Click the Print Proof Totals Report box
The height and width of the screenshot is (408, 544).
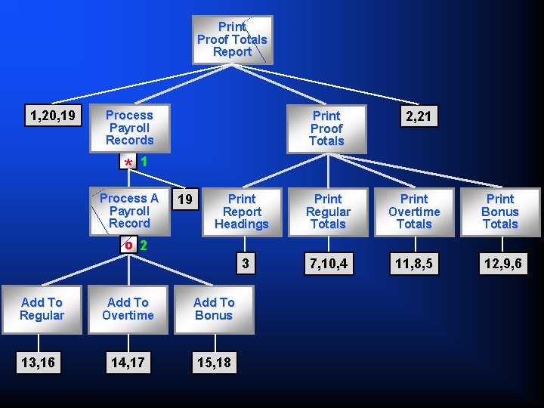pos(232,39)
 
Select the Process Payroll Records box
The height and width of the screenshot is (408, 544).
pos(129,128)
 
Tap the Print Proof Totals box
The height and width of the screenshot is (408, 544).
pos(326,128)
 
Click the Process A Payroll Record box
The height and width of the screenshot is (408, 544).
pos(129,211)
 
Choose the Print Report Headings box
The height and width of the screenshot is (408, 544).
pos(242,212)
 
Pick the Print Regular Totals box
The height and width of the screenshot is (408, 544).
pos(328,212)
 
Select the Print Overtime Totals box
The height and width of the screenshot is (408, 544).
pos(414,212)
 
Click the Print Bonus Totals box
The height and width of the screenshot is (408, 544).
pos(500,212)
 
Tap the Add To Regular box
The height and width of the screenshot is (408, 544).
pos(42,309)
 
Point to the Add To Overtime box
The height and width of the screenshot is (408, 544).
pos(128,309)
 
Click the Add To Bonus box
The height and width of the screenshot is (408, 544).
pos(214,309)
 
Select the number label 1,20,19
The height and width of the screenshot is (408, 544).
pos(52,115)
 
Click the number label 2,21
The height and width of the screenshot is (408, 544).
pos(419,116)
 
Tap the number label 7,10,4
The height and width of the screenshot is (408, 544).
pos(328,264)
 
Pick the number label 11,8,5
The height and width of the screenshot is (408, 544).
pos(414,264)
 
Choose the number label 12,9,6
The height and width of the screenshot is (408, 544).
pos(500,264)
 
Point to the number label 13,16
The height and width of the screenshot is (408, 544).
pos(38,363)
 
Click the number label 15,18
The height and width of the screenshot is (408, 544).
pos(214,363)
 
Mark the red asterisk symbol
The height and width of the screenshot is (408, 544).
pos(129,163)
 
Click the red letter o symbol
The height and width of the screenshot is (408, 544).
pos(129,246)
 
